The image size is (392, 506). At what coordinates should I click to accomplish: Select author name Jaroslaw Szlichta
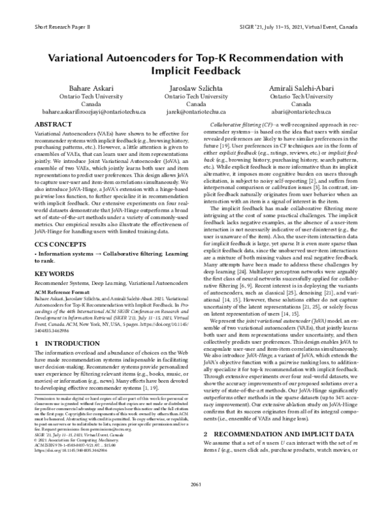click(196, 87)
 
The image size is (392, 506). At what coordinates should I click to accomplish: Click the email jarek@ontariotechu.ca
click(196, 112)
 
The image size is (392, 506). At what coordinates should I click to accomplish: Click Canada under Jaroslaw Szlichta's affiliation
click(196, 104)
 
